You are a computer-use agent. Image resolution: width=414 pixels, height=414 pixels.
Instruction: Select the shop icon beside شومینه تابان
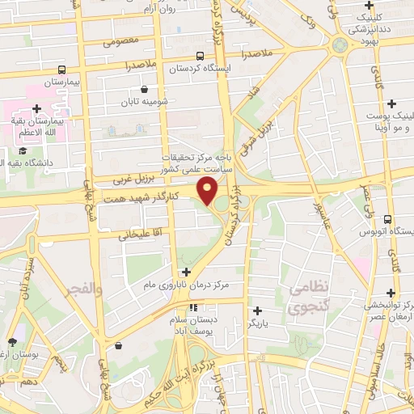pos(144,89)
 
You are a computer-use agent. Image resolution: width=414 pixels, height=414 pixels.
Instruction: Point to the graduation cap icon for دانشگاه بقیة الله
pos(23,151)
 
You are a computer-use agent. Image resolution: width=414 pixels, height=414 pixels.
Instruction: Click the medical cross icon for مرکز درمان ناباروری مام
pos(187,272)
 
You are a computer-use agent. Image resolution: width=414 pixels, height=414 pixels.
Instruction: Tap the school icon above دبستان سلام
pos(193,306)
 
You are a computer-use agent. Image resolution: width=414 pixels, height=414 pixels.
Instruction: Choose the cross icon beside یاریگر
pos(257,310)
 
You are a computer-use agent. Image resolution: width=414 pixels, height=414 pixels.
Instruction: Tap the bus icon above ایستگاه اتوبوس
pos(387,219)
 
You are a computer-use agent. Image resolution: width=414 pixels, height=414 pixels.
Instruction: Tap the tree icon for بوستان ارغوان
pos(11,342)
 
